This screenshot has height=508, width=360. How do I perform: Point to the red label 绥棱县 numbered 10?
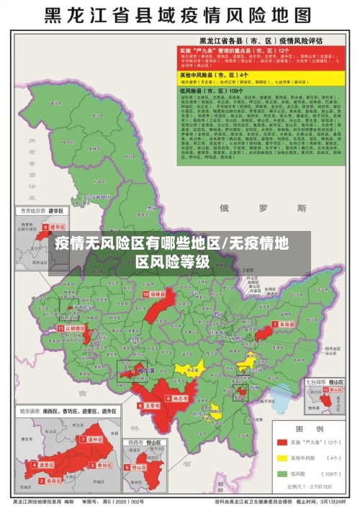(156, 294)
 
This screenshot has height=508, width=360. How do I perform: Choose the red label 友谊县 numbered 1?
(286, 325)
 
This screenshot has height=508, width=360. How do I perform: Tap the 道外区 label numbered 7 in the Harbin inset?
(94, 439)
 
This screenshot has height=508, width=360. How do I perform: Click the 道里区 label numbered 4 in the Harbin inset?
(47, 466)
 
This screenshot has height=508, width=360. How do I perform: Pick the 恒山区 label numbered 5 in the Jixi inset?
(140, 467)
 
